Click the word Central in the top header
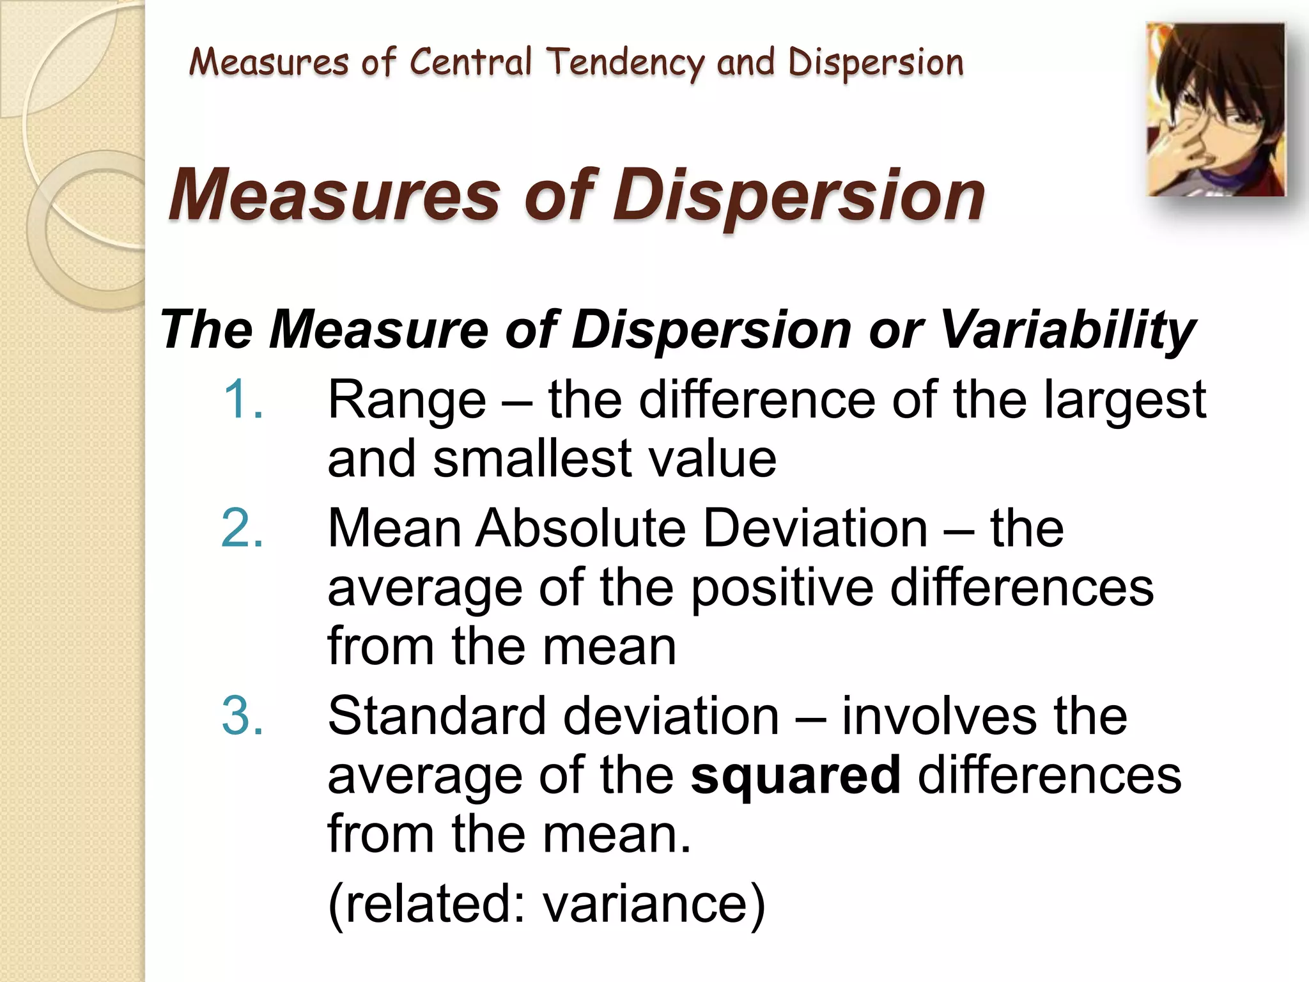[x=470, y=63]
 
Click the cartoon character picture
[x=1216, y=110]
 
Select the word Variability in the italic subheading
[x=1067, y=330]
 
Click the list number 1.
[x=242, y=400]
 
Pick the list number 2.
[x=242, y=528]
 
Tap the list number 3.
[x=242, y=715]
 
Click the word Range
[x=407, y=401]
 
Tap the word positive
[x=782, y=588]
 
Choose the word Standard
[x=437, y=715]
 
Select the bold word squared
[x=795, y=775]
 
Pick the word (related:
[x=426, y=903]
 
